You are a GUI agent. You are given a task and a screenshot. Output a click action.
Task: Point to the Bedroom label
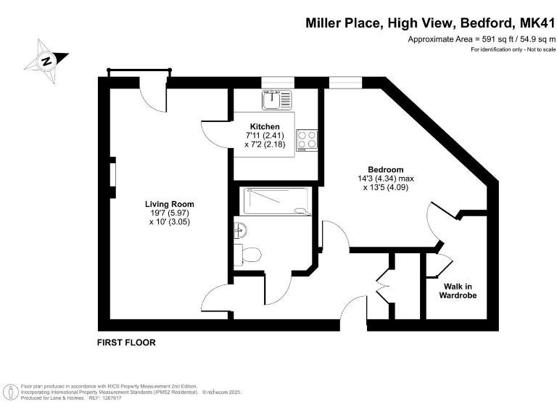385,170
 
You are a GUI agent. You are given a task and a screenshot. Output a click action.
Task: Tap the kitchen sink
276,98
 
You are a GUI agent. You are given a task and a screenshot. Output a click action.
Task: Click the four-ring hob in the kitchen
307,139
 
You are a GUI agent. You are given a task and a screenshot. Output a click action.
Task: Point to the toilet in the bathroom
249,255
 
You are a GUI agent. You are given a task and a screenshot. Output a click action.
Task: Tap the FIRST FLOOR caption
126,342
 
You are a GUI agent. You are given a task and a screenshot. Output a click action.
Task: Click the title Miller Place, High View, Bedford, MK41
429,24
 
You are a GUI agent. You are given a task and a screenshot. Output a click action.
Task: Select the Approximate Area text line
481,38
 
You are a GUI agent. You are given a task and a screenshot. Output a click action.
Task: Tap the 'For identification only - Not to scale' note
512,49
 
